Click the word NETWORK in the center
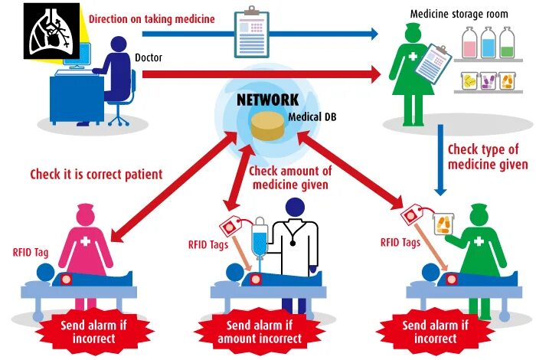coord(267,100)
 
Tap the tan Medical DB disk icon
coord(267,126)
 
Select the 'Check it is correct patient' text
coord(96,174)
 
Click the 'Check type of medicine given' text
coord(487,157)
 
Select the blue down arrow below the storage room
coord(440,165)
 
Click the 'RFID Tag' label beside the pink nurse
coord(30,250)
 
